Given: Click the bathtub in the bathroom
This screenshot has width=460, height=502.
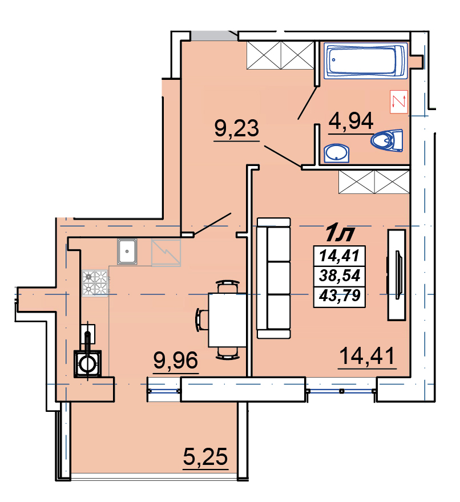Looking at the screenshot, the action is click(x=365, y=60).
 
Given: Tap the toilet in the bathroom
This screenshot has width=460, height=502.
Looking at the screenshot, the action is click(x=388, y=140).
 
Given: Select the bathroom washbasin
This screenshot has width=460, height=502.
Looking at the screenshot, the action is click(x=336, y=153).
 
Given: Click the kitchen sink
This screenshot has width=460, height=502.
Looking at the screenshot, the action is click(x=127, y=252).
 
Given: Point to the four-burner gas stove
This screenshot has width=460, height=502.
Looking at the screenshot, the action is click(x=95, y=283).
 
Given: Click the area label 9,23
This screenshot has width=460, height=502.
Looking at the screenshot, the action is click(x=236, y=129).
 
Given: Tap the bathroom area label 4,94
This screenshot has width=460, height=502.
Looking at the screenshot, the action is click(x=351, y=121).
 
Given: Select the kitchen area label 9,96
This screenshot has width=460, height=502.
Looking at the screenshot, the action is click(x=176, y=360).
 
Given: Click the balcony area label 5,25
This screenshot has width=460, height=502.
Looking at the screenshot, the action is click(x=205, y=456).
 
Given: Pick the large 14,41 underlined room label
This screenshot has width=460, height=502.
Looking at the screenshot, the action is click(x=367, y=356).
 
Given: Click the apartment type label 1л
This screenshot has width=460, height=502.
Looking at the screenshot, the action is click(x=340, y=234).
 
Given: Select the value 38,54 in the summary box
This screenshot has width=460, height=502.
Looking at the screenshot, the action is click(x=340, y=276).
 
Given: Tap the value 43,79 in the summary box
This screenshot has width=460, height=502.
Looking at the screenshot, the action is click(x=340, y=295).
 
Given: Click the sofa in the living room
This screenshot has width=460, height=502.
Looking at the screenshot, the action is click(x=274, y=278).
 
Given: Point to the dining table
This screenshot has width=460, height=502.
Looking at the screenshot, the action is click(x=228, y=320).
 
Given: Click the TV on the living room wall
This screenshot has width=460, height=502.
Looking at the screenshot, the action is click(x=397, y=275).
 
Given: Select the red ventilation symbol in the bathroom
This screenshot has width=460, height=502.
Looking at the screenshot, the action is click(x=399, y=102).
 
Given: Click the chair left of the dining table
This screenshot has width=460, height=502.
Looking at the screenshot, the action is click(x=202, y=320).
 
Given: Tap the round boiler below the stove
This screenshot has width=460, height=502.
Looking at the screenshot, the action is click(x=87, y=364).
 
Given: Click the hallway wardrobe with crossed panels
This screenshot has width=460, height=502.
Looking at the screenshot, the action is click(x=280, y=55).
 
